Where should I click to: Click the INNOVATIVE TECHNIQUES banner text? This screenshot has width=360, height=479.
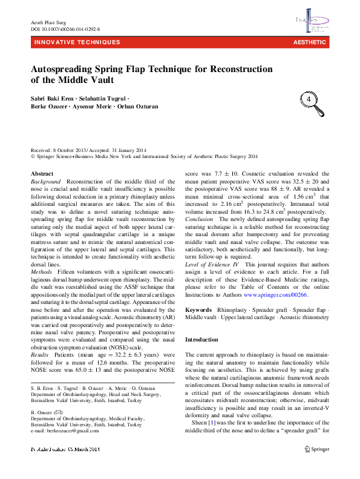[x=77, y=42]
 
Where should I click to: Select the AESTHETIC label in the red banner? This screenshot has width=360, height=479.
[x=309, y=42]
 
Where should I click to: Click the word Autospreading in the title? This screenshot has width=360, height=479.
[x=67, y=69]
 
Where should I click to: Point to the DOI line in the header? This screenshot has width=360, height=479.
[x=65, y=28]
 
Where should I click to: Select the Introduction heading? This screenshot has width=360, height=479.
[x=201, y=340]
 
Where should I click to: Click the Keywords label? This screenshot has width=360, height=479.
[x=198, y=309]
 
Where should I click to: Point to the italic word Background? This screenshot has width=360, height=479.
[x=46, y=182]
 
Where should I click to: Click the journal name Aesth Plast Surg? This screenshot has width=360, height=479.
[x=48, y=22]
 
